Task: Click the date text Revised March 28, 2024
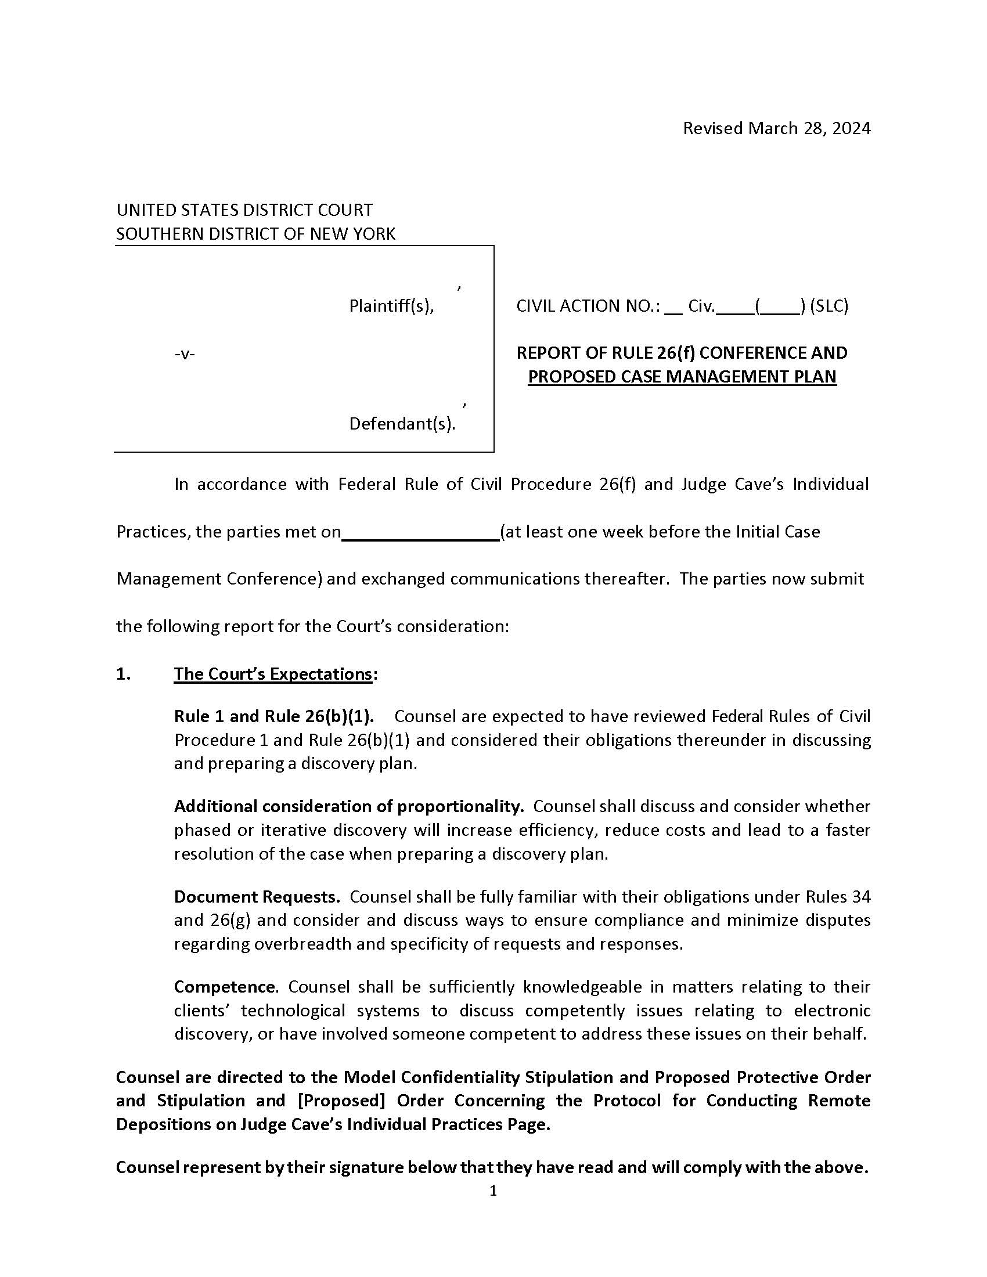click(776, 128)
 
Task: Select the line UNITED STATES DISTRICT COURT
click(244, 210)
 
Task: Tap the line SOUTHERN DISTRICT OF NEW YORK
click(255, 234)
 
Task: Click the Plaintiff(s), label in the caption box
click(391, 306)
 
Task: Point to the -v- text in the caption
click(185, 353)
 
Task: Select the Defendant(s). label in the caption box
click(402, 423)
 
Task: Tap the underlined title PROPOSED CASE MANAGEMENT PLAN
click(682, 377)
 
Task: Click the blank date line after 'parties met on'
click(420, 533)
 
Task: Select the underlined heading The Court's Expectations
click(273, 674)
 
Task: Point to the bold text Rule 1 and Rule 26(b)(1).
click(273, 716)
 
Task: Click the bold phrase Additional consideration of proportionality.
click(348, 806)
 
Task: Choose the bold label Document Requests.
click(257, 896)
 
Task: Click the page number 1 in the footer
click(493, 1191)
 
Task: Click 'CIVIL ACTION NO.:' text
click(588, 306)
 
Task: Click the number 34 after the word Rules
click(860, 896)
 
